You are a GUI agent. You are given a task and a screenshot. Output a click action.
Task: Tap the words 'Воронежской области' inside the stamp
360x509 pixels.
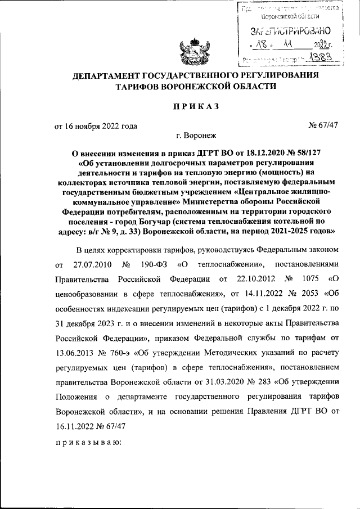pos(284,17)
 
